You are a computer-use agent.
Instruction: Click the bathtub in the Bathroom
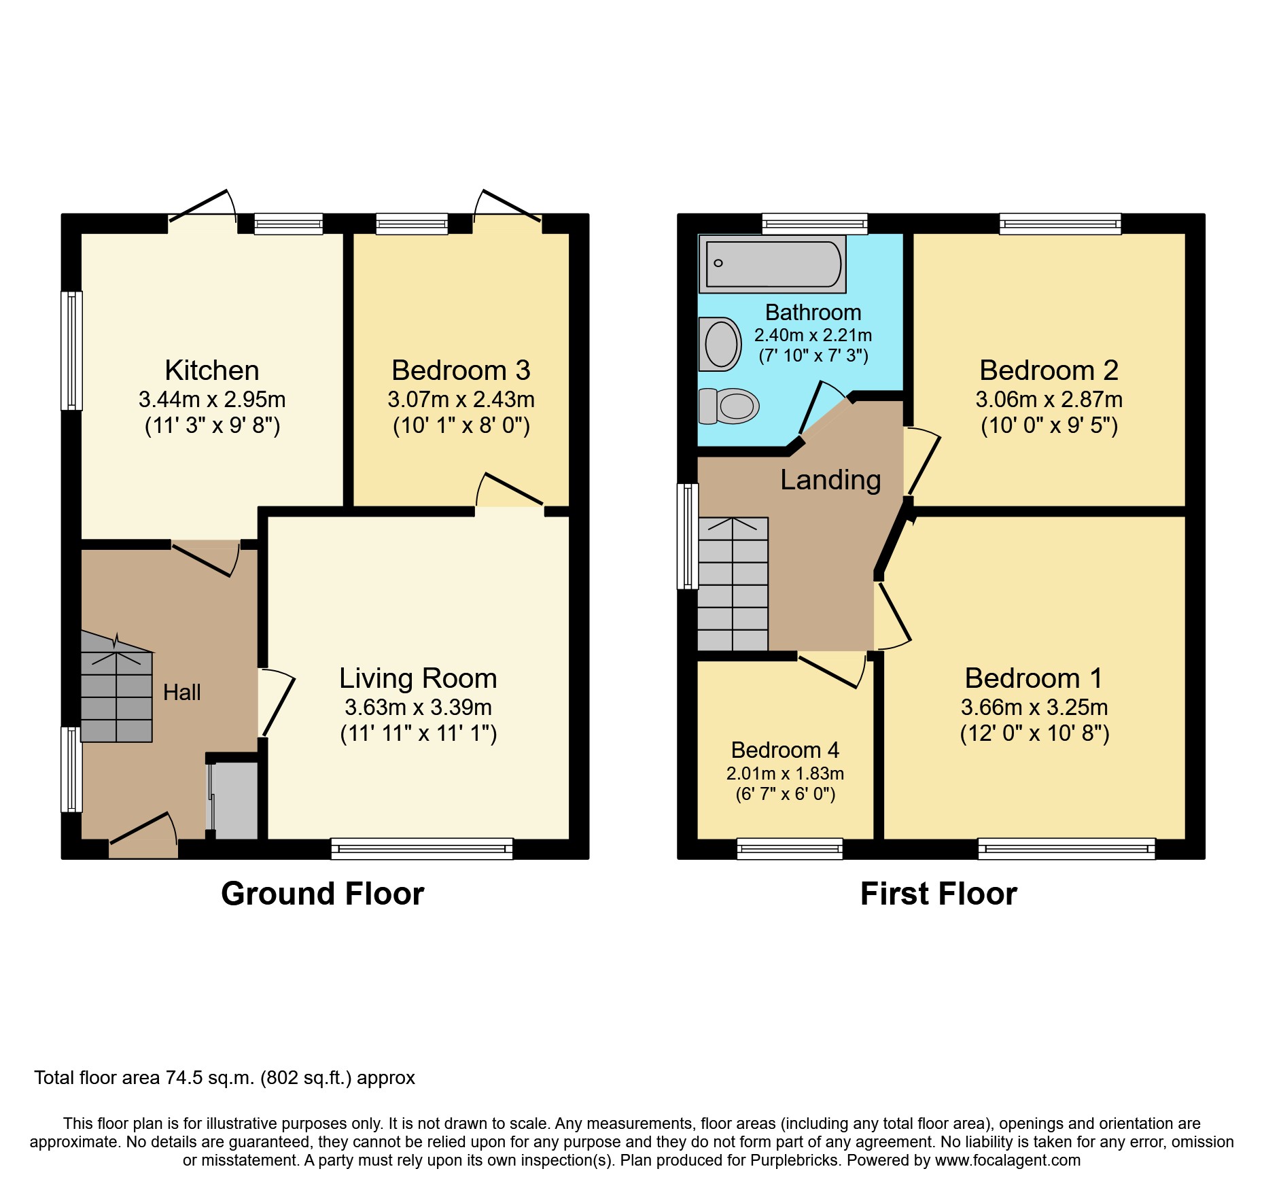tap(773, 264)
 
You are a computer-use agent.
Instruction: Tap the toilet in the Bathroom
tap(730, 406)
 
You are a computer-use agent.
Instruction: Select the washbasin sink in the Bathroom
tap(720, 344)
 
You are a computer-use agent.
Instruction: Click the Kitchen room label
tap(212, 370)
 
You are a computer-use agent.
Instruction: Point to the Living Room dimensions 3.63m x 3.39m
tap(418, 708)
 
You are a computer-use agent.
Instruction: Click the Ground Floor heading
tap(322, 894)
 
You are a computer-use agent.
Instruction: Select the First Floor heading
tap(938, 894)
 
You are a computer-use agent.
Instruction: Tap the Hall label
tap(181, 693)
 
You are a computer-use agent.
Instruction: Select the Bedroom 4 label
tap(785, 750)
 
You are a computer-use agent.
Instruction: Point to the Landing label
tap(830, 480)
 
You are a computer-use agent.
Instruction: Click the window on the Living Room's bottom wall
tap(421, 849)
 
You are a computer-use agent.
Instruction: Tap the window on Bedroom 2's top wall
tap(1059, 224)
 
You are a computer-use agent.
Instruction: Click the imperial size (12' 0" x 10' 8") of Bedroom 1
tap(1034, 734)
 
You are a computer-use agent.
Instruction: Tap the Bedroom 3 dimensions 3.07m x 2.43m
tap(461, 400)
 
